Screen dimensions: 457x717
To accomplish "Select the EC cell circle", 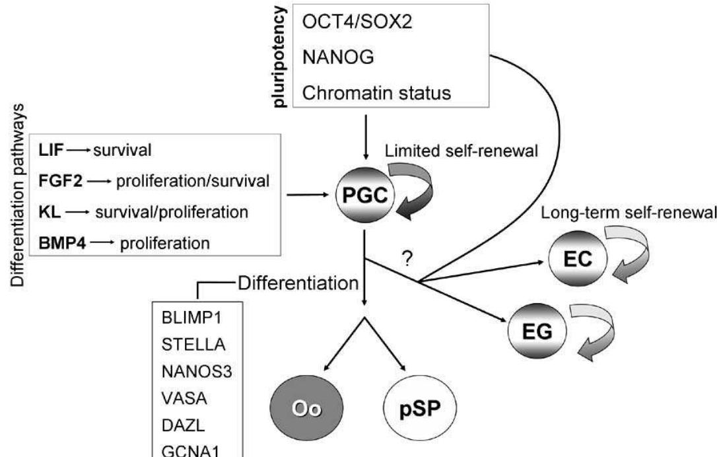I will point(572,259).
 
